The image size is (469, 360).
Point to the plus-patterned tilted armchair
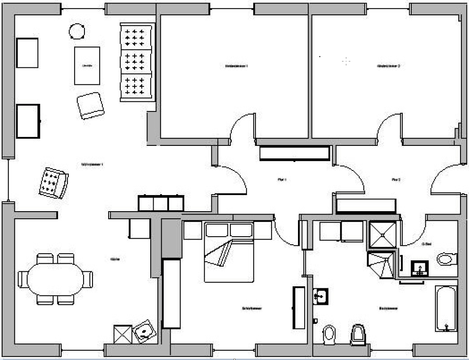(53, 183)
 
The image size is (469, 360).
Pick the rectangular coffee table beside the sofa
(87, 65)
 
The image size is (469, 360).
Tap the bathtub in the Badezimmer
(446, 308)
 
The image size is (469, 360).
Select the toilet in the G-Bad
(446, 259)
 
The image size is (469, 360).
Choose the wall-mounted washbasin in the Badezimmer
(321, 296)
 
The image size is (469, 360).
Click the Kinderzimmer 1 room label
(236, 66)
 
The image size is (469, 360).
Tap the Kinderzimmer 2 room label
(388, 66)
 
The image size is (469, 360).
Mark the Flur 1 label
(282, 180)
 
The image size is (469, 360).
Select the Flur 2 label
(396, 180)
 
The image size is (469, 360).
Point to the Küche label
(115, 259)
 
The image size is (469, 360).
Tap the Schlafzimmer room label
(252, 308)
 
